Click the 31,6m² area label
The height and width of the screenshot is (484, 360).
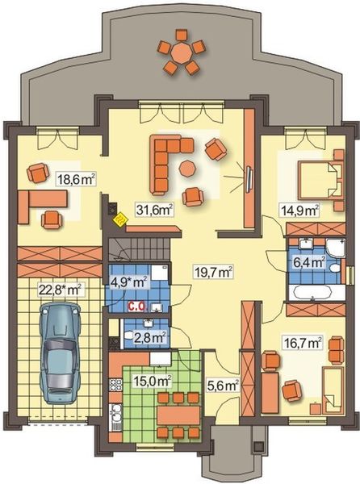(156, 211)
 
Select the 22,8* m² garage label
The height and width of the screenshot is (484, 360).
(61, 288)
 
